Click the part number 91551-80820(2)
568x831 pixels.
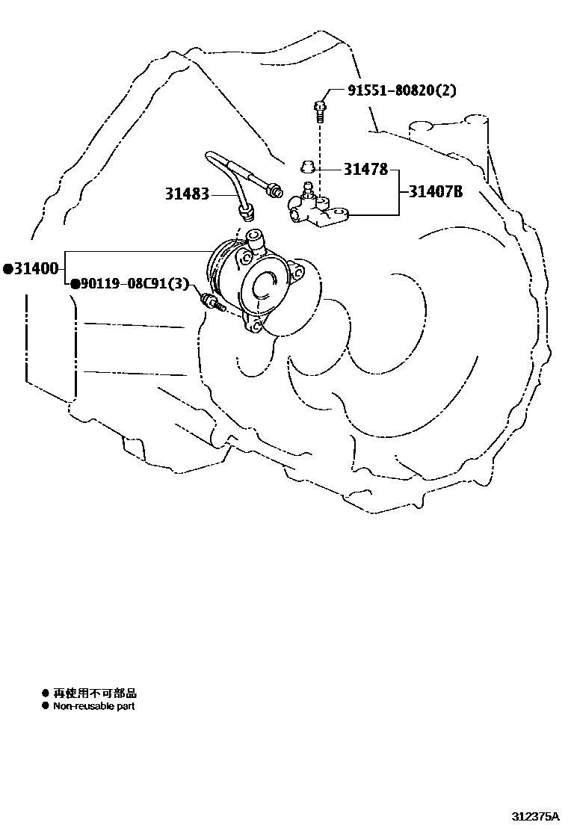coord(401,90)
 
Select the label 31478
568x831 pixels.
coord(366,170)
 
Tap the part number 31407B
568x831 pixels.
coord(436,192)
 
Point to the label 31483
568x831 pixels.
coord(188,194)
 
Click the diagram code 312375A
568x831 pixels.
coord(535,817)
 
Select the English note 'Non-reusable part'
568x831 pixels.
coord(94,706)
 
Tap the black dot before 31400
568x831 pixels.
coord(7,268)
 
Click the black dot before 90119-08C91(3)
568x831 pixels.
coord(75,284)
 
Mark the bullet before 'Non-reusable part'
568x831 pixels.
coord(45,706)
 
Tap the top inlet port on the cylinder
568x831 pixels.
coord(254,238)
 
